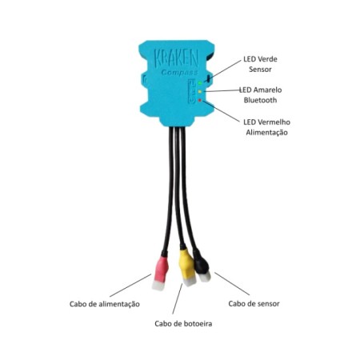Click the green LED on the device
[x=200, y=83]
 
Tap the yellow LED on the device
[x=200, y=92]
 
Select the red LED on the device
[x=200, y=100]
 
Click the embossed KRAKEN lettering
[x=176, y=59]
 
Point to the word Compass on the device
[x=179, y=73]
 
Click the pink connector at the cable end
[x=160, y=273]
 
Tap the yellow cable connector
[x=187, y=267]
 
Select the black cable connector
[x=202, y=266]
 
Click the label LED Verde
[x=260, y=59]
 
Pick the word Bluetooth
[x=260, y=100]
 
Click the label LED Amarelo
[x=261, y=90]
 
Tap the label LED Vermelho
[x=266, y=122]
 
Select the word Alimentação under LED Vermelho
[x=266, y=133]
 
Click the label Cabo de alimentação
[x=105, y=304]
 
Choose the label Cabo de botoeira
[x=183, y=324]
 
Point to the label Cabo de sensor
[x=254, y=303]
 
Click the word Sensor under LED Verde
[x=260, y=70]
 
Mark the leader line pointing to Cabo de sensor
[x=232, y=284]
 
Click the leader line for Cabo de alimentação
[x=130, y=285]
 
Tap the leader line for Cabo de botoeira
[x=178, y=298]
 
